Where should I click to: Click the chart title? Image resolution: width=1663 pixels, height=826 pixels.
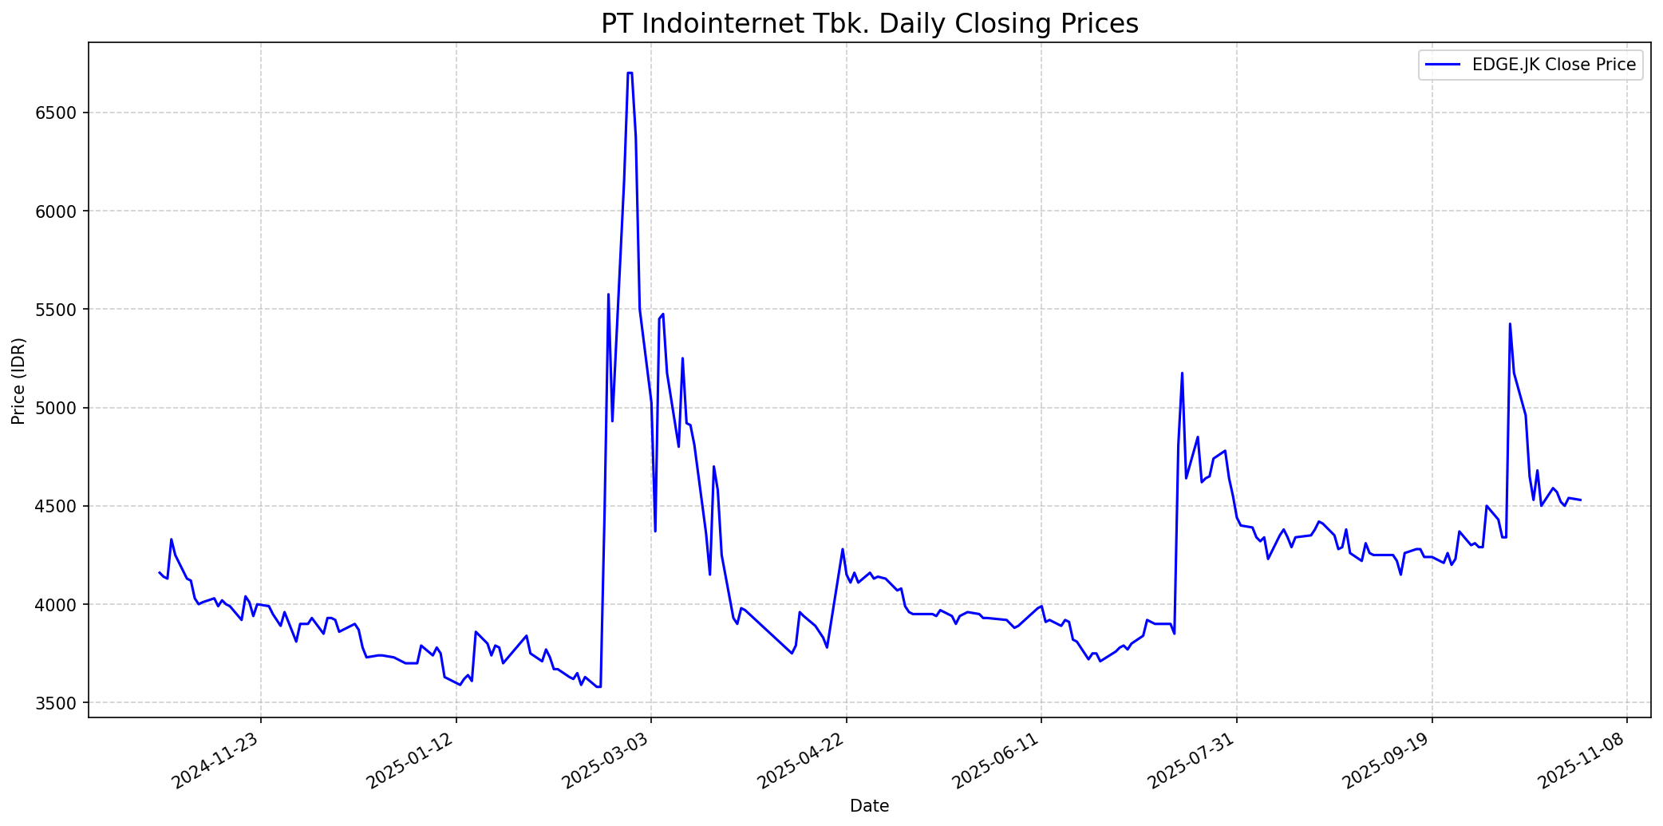click(869, 24)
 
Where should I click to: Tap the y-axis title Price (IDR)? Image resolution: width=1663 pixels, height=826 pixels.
click(18, 381)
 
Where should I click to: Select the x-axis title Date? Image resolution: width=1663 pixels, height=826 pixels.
click(869, 806)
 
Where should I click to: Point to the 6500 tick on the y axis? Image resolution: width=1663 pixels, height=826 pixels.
click(61, 113)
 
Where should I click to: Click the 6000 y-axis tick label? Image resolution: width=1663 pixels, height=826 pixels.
click(61, 211)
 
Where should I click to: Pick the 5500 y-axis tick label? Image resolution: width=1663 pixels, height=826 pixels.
click(61, 310)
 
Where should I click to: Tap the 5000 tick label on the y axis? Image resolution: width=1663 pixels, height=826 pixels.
click(61, 408)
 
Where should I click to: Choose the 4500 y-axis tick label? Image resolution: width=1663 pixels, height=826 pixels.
click(61, 506)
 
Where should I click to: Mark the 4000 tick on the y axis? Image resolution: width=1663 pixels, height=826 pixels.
click(61, 605)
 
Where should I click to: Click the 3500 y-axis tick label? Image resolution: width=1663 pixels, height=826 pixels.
click(61, 703)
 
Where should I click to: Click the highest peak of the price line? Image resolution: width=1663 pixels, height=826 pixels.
click(630, 73)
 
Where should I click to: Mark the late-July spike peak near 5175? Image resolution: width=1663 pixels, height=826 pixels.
click(1182, 373)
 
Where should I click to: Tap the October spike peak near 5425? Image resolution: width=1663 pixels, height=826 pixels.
click(1510, 323)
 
